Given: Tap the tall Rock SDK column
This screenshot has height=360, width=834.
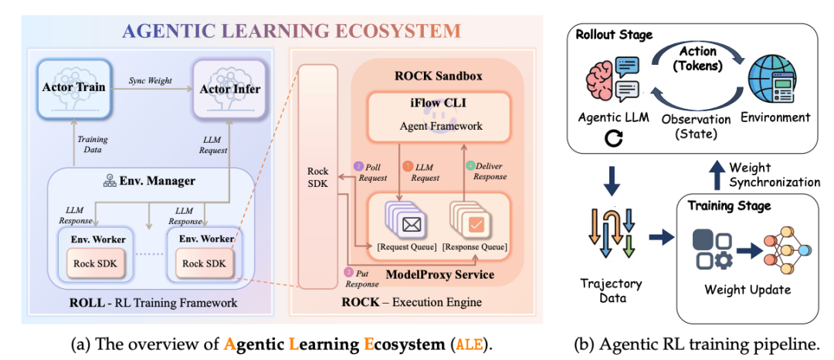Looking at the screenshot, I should (x=317, y=177).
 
